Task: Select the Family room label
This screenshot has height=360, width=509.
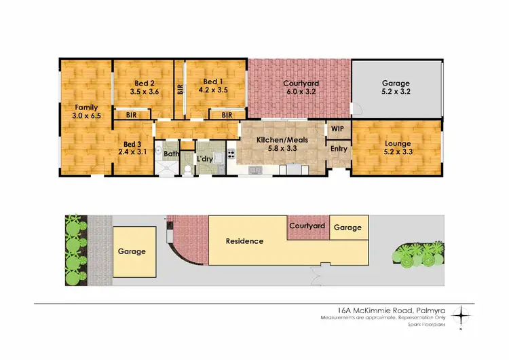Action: coord(86,107)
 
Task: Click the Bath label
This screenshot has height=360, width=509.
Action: coord(172,154)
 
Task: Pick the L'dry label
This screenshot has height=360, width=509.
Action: coord(206,160)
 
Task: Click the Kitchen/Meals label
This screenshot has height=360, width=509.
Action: coord(282,140)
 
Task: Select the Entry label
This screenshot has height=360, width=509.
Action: coord(339,149)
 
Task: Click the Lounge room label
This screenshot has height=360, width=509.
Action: coord(397,143)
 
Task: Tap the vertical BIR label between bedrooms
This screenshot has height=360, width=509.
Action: coord(180,89)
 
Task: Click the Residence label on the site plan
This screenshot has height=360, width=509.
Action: coord(244,241)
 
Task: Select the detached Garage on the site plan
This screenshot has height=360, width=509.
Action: coord(132,251)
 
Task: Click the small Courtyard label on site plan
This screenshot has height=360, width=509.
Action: coord(307,226)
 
